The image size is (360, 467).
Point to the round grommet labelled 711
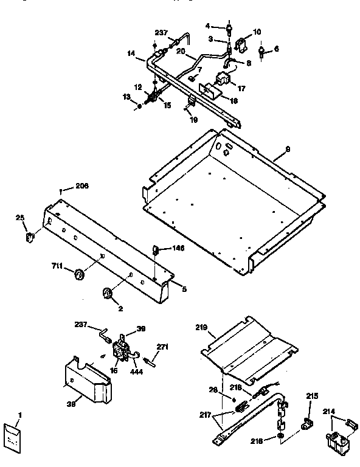[x=78, y=277]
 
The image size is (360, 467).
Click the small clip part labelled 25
[x=28, y=235]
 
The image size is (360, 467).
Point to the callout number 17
[x=241, y=88]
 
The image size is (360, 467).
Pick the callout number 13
[x=126, y=96]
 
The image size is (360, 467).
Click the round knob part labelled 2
[x=108, y=294]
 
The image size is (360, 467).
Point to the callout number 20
[x=180, y=52]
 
